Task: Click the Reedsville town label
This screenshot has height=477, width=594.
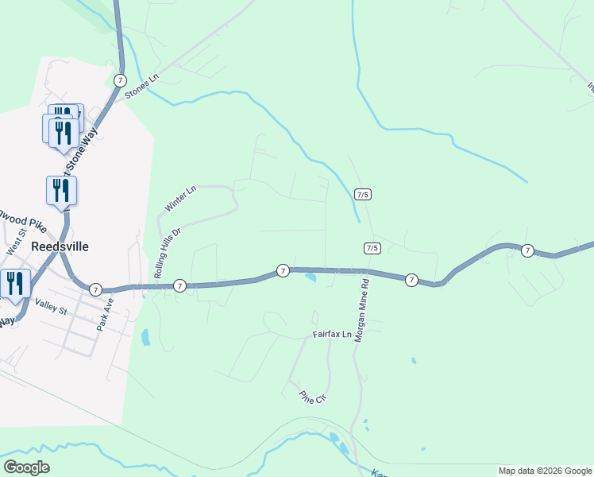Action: pos(60,246)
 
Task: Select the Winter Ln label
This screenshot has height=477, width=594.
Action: pos(180,199)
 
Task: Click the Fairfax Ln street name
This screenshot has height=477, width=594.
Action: pos(332,335)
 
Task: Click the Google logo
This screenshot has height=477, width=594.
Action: pos(26,467)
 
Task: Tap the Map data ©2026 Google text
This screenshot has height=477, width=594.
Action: pos(546,471)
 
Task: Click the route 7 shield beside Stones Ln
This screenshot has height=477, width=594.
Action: pos(120,80)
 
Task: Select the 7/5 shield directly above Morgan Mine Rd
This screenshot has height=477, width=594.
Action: pos(372,248)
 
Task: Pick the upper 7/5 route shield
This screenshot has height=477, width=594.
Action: pos(363,194)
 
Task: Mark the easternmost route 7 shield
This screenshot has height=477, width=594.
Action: pos(527,251)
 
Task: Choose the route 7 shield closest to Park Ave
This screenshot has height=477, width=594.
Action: pos(95,289)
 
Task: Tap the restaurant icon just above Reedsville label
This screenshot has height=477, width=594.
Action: pos(61,191)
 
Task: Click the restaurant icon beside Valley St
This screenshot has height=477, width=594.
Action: pos(15,284)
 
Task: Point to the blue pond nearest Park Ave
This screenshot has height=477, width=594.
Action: pos(145,338)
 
